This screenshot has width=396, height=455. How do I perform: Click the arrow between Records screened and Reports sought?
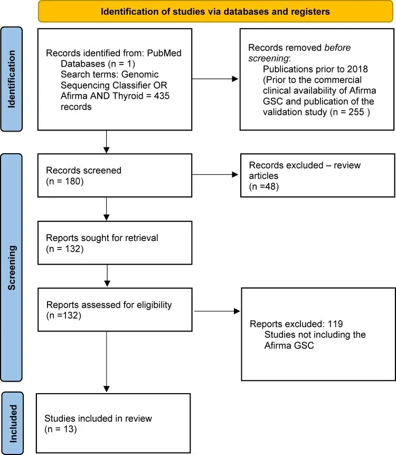[x=107, y=209]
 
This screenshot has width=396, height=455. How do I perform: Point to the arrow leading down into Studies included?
[x=107, y=359]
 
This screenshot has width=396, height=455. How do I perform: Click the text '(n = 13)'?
[x=62, y=429]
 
